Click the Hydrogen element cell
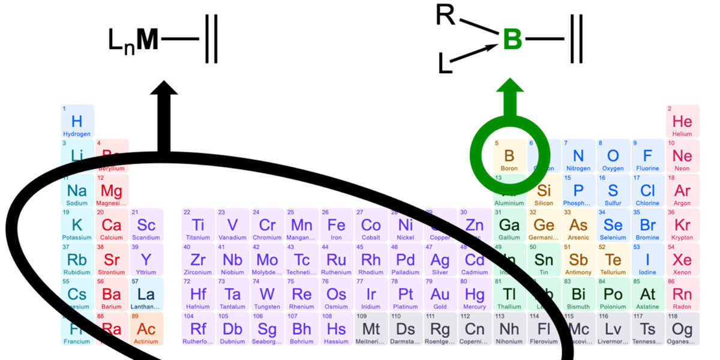[x=77, y=122]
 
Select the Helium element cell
[x=682, y=122]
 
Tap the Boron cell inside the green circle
[x=509, y=158]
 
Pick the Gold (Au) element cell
[x=440, y=295]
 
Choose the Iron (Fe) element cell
[x=337, y=226]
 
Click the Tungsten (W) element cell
[x=267, y=295]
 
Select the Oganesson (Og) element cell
[x=682, y=329]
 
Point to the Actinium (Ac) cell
[x=146, y=329]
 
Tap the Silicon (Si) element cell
[x=544, y=191]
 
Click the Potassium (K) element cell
[x=77, y=226]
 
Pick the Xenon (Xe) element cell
[x=682, y=260]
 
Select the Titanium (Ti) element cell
[x=198, y=226]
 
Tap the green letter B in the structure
[x=512, y=40]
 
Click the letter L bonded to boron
[x=445, y=64]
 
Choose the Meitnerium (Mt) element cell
[x=371, y=329]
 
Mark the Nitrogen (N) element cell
[x=578, y=157]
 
